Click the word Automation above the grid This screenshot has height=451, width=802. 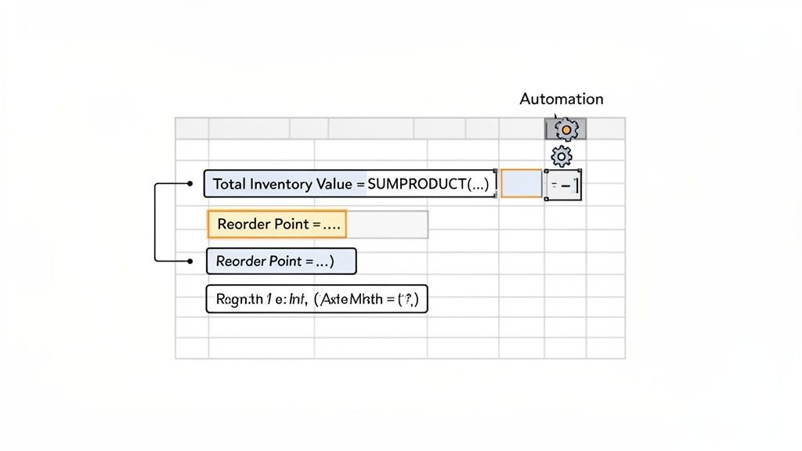click(x=562, y=99)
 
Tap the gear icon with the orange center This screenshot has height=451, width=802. click(x=565, y=129)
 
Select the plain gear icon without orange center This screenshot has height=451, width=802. click(x=562, y=155)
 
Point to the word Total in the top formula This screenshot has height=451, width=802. click(x=229, y=184)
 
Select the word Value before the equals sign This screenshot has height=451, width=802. click(x=335, y=184)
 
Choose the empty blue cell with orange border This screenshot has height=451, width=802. click(x=521, y=183)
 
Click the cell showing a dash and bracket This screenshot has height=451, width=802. click(x=564, y=184)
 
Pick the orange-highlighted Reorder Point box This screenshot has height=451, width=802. click(x=276, y=224)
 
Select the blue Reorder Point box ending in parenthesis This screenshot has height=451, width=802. click(x=280, y=261)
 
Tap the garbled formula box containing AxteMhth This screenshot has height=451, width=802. click(x=316, y=299)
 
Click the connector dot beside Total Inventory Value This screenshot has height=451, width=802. click(x=190, y=184)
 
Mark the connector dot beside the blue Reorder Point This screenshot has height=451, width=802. click(x=190, y=261)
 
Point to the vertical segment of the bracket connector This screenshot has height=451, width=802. click(x=157, y=222)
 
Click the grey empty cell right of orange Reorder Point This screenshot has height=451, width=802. click(x=387, y=224)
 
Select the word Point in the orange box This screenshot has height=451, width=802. click(x=291, y=224)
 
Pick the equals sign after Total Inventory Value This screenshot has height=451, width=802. click(x=360, y=184)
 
